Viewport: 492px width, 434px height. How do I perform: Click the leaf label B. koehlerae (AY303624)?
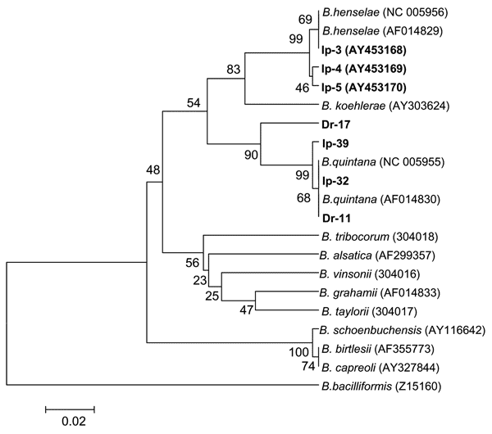coord(385,106)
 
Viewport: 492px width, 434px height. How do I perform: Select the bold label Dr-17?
coord(335,124)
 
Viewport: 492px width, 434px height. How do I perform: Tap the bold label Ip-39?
coord(335,143)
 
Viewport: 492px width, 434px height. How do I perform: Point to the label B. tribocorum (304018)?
coord(380,237)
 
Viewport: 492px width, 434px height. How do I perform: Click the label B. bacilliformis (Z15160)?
coord(381,387)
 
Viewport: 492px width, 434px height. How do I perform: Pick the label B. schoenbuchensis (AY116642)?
coord(403,330)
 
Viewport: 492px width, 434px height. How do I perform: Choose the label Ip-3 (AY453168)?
coord(364,50)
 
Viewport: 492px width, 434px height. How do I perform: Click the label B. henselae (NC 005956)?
coord(385,12)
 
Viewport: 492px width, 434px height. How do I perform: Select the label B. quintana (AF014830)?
coord(381,199)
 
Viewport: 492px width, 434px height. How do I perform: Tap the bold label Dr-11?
coord(336,218)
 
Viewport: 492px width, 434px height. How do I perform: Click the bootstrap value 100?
coord(298,353)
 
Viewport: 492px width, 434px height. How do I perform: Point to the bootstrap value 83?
coord(234,70)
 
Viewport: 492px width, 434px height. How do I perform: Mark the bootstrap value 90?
coord(251,155)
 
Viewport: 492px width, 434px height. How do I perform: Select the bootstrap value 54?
coord(194,103)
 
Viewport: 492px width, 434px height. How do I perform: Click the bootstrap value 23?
coord(200,280)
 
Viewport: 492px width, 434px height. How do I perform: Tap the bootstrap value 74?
coord(308,366)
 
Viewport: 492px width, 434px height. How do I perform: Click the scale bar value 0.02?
coord(74,422)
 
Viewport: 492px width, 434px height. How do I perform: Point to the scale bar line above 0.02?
coord(70,409)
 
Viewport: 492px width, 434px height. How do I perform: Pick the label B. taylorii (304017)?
coord(369,311)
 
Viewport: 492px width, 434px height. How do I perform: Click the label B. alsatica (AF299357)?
coord(377,255)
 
